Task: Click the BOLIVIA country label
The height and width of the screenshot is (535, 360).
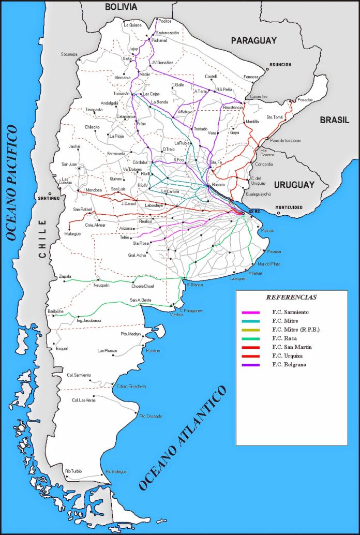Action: pos(121,7)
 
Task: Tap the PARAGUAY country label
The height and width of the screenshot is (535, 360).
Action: pos(253,40)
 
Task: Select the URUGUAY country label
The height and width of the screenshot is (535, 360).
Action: pos(294,185)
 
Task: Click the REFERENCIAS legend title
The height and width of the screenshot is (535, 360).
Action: pos(291,298)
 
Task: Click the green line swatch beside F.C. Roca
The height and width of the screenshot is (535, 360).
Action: pos(250,339)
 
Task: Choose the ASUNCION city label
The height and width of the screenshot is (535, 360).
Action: pos(279,65)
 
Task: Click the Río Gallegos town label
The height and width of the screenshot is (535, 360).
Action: pos(116,471)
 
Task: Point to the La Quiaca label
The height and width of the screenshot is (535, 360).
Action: pos(132,25)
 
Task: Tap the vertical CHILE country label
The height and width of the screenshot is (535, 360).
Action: pos(42,239)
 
